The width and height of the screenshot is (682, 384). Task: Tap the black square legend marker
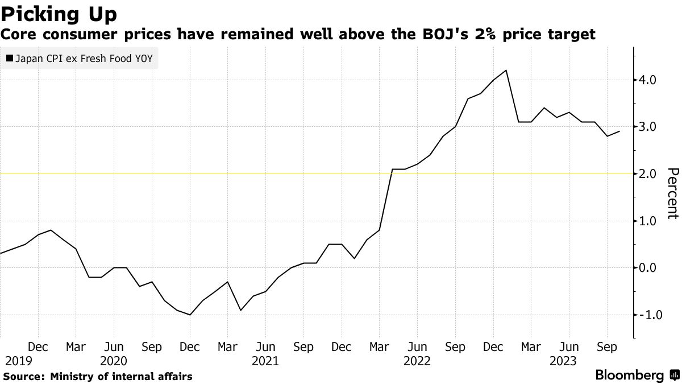[x=9, y=58]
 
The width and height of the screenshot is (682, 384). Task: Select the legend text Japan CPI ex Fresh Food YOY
[x=84, y=58]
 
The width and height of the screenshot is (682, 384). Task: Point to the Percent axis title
[x=673, y=193]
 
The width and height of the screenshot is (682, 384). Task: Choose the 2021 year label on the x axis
[x=265, y=361]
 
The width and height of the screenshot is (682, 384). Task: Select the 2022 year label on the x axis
[x=417, y=361]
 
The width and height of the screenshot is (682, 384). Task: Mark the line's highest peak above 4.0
[x=506, y=70]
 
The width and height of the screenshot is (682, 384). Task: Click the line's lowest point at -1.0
[x=190, y=315]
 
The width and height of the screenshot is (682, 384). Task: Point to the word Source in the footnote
[x=23, y=376]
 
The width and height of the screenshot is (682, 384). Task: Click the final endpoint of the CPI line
[x=619, y=131]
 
